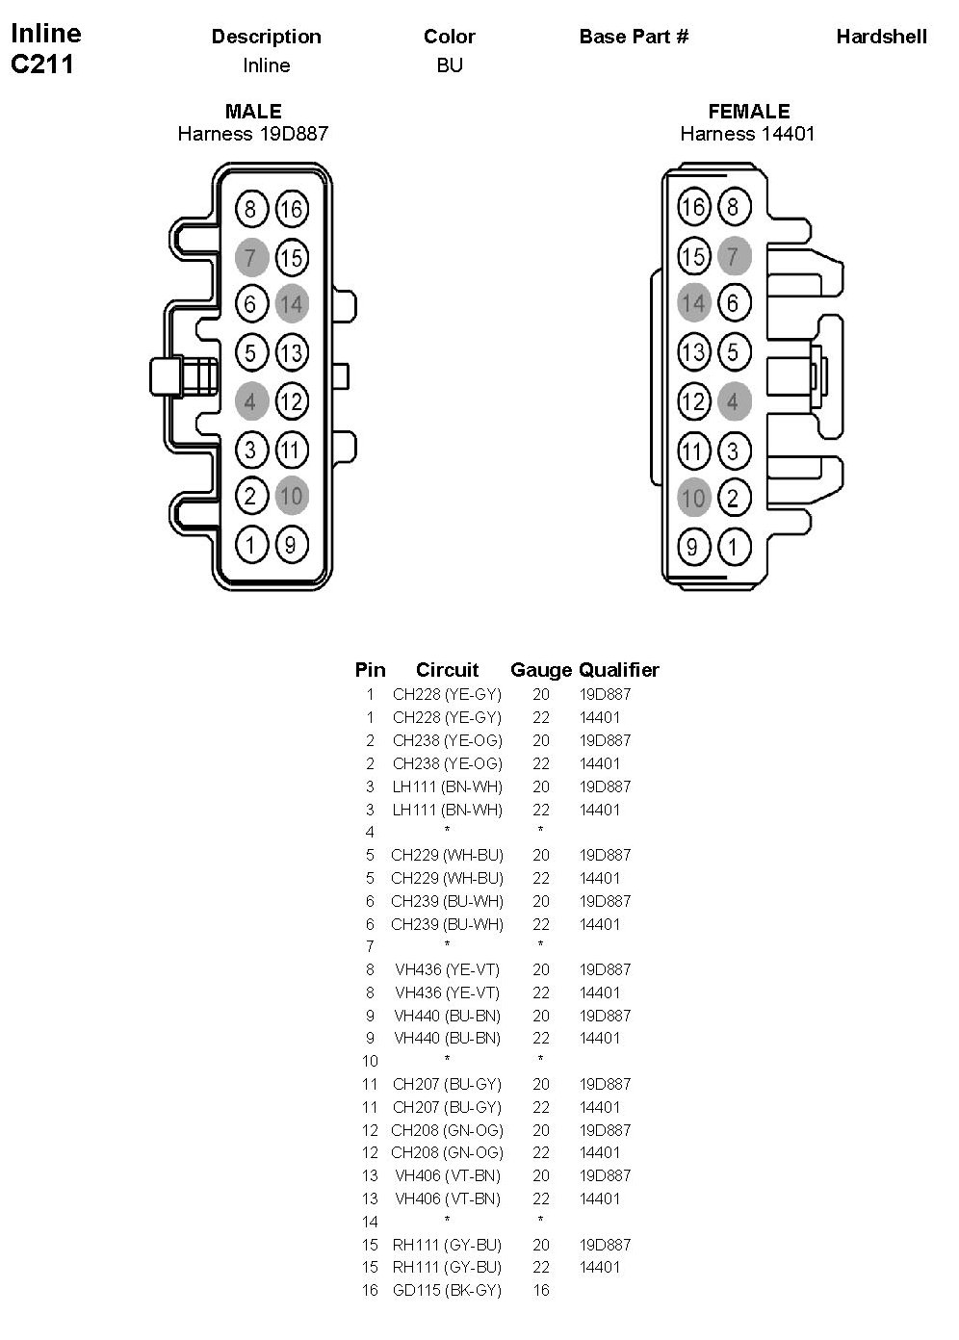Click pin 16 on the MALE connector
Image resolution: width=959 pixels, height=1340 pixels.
coord(291,209)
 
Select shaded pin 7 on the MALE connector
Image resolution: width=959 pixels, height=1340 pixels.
coord(251,257)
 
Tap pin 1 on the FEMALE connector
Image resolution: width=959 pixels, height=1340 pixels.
coord(734,547)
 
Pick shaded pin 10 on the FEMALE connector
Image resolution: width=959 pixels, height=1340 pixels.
coord(693,498)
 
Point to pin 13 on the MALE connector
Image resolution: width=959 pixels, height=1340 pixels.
coord(291,352)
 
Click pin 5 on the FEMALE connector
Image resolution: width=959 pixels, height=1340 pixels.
coord(734,351)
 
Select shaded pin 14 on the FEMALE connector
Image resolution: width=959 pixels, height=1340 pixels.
coord(693,303)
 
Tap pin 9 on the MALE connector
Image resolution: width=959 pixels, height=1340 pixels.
coord(291,546)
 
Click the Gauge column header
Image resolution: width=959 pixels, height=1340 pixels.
coord(540,670)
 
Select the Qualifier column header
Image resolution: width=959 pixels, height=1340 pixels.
coord(619,670)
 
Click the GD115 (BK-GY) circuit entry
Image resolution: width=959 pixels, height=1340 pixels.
coord(447,1290)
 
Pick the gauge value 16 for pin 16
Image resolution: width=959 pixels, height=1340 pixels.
coord(541,1290)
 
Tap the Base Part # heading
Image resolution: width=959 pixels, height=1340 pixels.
coord(634,37)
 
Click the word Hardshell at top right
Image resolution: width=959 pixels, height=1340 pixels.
coord(881,37)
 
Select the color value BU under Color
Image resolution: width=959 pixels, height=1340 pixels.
coord(450,65)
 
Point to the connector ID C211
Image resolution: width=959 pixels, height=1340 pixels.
coord(42,64)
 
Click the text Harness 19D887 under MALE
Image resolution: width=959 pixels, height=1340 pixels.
coord(252,134)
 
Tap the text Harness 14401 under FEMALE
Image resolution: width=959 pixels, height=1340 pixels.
coord(747,134)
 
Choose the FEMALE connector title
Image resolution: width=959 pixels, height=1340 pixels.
coord(748,112)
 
